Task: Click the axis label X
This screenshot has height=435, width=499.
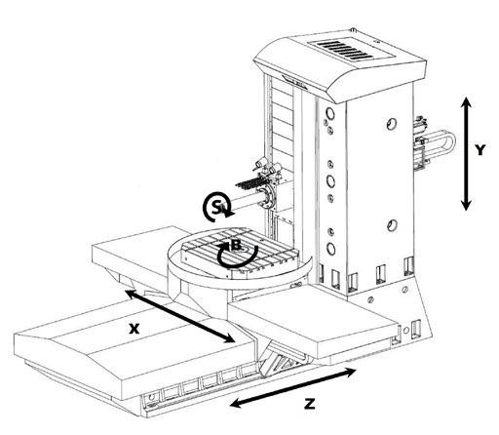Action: click(x=134, y=329)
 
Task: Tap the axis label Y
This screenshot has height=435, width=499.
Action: click(x=480, y=150)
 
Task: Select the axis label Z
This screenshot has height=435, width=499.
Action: click(x=310, y=405)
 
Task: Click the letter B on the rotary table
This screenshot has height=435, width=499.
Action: click(x=236, y=245)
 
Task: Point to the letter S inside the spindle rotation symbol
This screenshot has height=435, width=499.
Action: click(x=216, y=207)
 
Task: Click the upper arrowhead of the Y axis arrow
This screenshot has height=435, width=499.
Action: click(x=467, y=102)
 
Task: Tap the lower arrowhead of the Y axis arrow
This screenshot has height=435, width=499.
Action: click(x=467, y=204)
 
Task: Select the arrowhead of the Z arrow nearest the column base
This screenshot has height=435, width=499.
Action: click(x=350, y=373)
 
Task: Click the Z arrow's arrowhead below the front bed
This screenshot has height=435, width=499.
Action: click(x=237, y=403)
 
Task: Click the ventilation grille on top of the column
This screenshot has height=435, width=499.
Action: click(x=345, y=50)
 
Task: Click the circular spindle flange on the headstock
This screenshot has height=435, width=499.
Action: click(x=268, y=196)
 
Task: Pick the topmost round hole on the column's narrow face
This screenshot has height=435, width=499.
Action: click(x=330, y=113)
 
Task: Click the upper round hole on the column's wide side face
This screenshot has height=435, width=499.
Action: click(x=392, y=124)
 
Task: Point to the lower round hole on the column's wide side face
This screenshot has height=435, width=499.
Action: click(x=392, y=225)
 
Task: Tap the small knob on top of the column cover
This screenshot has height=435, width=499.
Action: click(x=353, y=30)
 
